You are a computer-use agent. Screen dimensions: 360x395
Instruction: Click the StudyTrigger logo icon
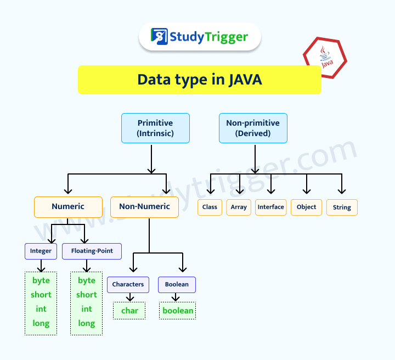[159, 37]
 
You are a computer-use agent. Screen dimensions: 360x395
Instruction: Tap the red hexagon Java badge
[325, 58]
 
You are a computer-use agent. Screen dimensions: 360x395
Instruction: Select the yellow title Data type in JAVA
[199, 80]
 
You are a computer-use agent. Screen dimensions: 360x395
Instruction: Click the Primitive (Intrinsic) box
[155, 128]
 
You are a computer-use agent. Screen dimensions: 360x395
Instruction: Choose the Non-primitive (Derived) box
[253, 128]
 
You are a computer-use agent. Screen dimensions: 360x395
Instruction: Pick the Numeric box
[68, 207]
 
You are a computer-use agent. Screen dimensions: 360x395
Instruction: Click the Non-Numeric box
[144, 207]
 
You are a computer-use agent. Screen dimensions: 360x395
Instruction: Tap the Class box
[210, 207]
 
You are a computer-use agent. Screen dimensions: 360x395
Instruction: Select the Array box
[239, 207]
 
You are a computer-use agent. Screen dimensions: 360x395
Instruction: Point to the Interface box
[271, 207]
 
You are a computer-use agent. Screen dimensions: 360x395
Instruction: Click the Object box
[306, 207]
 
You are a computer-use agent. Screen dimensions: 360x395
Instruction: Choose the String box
[342, 207]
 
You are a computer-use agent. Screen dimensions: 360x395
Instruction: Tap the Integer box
[41, 251]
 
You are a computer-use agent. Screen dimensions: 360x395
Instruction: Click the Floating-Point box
[92, 251]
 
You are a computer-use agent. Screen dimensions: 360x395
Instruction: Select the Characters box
[128, 284]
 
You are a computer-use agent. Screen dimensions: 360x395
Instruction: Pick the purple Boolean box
[177, 284]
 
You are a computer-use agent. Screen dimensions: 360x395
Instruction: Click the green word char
[129, 311]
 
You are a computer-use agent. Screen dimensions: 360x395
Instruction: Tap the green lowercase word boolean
[178, 311]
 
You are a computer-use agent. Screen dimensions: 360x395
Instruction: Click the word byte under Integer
[41, 280]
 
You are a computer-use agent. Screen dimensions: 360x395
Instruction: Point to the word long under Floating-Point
[87, 323]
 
